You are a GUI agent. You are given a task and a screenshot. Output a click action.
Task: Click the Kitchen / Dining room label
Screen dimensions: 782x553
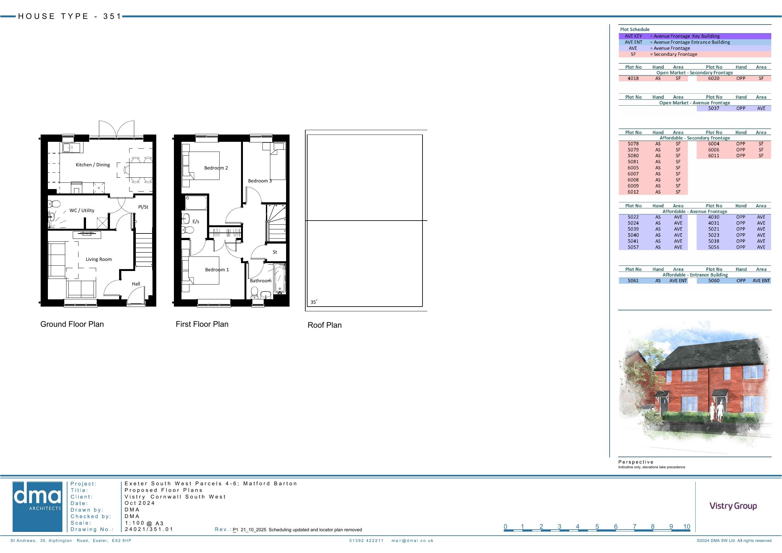pyautogui.click(x=93, y=165)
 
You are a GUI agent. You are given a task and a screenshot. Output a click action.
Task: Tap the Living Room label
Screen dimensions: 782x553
pyautogui.click(x=99, y=259)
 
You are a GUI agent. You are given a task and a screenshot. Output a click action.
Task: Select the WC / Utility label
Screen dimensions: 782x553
pyautogui.click(x=82, y=210)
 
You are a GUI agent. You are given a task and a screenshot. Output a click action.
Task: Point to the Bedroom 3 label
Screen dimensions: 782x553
pyautogui.click(x=260, y=181)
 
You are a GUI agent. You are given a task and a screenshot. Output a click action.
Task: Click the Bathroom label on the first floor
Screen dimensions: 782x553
pyautogui.click(x=261, y=281)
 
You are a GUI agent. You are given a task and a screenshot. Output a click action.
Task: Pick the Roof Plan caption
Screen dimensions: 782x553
pyautogui.click(x=325, y=325)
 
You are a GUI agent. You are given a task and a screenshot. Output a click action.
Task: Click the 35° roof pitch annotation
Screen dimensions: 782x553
pyautogui.click(x=314, y=302)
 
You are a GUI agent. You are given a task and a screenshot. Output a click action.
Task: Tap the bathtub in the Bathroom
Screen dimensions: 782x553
pyautogui.click(x=280, y=279)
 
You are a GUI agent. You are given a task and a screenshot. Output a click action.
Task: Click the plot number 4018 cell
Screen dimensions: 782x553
pyautogui.click(x=633, y=78)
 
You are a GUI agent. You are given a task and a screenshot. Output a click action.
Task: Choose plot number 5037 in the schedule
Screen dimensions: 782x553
pyautogui.click(x=714, y=108)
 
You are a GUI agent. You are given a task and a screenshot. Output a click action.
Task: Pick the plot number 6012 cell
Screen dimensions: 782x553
pyautogui.click(x=633, y=192)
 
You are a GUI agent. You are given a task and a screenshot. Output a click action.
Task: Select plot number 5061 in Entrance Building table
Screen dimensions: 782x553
pyautogui.click(x=633, y=281)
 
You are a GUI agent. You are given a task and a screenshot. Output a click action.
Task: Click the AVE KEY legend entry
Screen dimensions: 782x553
pyautogui.click(x=634, y=36)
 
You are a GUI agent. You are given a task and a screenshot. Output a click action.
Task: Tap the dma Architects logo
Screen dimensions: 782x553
pyautogui.click(x=37, y=507)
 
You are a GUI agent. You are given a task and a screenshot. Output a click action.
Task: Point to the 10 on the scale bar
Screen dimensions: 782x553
pyautogui.click(x=687, y=527)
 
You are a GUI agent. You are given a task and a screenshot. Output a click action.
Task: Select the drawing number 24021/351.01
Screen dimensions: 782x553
pyautogui.click(x=149, y=529)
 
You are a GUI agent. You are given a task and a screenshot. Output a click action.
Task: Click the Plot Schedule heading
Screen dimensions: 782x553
pyautogui.click(x=635, y=29)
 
